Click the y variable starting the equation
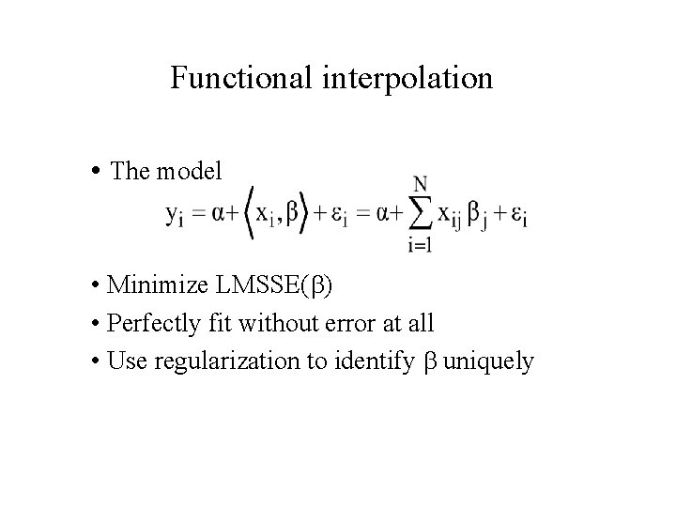click(x=175, y=215)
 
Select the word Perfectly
click(x=149, y=324)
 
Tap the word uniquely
click(x=488, y=362)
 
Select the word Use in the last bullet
click(x=125, y=362)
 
